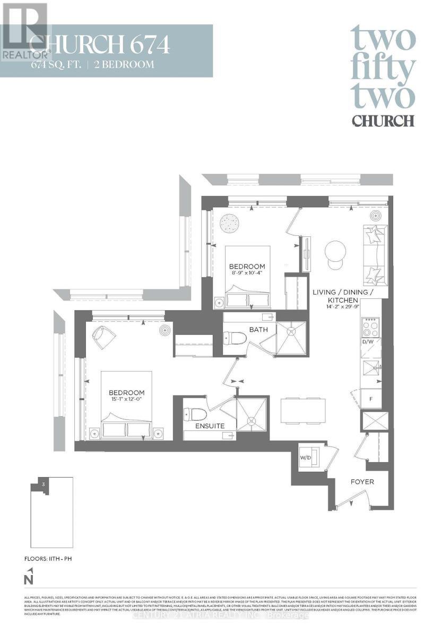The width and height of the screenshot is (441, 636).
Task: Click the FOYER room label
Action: coord(362,482)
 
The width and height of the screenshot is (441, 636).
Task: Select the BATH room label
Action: coord(258,330)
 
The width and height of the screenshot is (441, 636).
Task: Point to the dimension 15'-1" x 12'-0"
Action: coord(126,400)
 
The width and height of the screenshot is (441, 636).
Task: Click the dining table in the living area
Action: coord(302,410)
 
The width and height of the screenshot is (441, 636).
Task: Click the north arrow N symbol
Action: coord(30,576)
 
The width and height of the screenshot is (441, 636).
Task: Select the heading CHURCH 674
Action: coord(100,45)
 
